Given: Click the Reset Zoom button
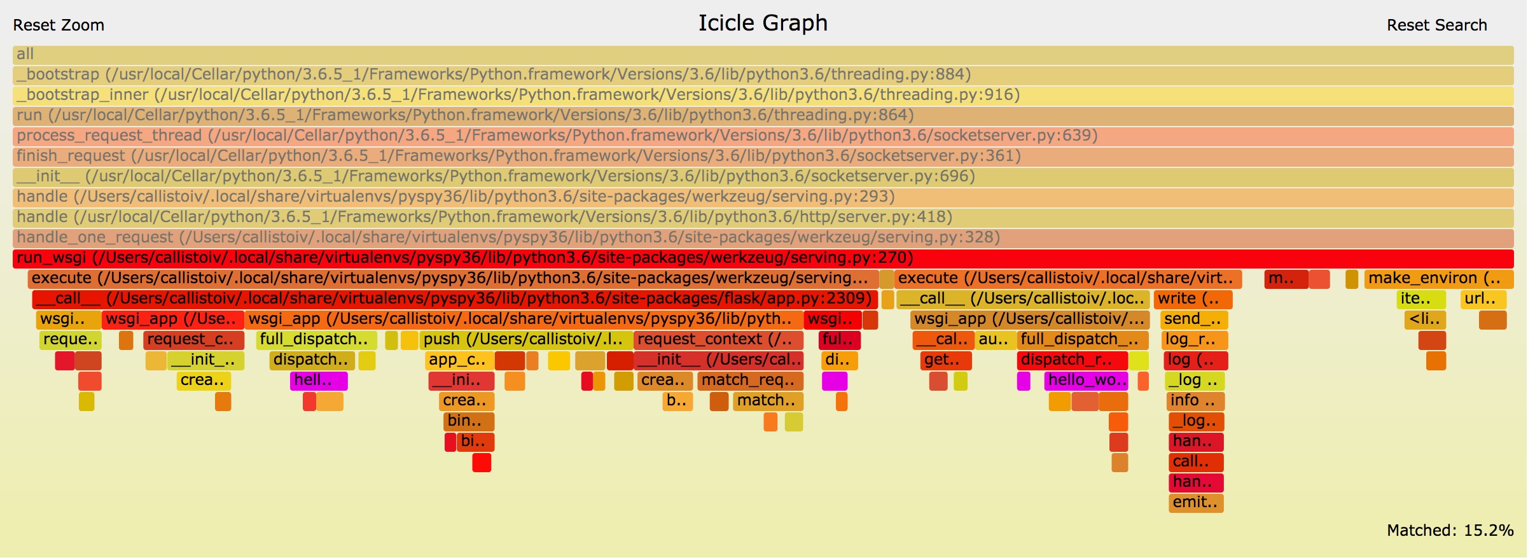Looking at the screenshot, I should tap(59, 25).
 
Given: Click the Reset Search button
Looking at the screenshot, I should tap(1436, 25).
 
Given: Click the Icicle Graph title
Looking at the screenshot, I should tap(763, 23).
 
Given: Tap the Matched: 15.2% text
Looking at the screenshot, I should tap(1450, 530).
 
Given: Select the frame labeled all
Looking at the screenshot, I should tap(763, 55).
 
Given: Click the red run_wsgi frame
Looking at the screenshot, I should tap(763, 258).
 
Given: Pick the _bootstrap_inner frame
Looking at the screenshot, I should tap(763, 95).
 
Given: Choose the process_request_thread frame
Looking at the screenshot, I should tap(763, 136).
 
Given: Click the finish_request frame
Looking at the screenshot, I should tap(763, 157).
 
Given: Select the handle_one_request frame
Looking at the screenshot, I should tap(763, 238).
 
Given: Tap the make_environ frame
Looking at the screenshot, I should tap(1438, 279).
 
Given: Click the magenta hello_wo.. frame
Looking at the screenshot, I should tap(1086, 381).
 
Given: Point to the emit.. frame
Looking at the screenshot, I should tap(1195, 503).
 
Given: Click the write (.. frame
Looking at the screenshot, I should tap(1193, 299).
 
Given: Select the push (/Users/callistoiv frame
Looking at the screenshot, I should tap(525, 340).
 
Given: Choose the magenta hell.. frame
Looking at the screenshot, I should tap(319, 381).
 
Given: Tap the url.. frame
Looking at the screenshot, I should tap(1483, 299).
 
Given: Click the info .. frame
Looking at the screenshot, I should tap(1195, 401).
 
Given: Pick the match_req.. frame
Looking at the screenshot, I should tap(750, 381).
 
